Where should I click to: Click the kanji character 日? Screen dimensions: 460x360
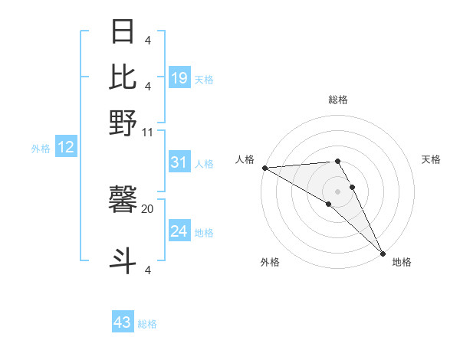pyautogui.click(x=123, y=33)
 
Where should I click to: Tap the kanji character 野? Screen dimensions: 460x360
pyautogui.click(x=123, y=121)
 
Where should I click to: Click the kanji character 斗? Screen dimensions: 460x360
pyautogui.click(x=123, y=260)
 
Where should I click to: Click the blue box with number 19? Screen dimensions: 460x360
pyautogui.click(x=179, y=77)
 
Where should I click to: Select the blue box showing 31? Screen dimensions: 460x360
pyautogui.click(x=179, y=162)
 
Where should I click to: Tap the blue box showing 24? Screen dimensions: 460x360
pyautogui.click(x=179, y=231)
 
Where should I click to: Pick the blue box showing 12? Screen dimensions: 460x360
pyautogui.click(x=65, y=147)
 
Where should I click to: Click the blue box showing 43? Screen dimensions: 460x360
pyautogui.click(x=123, y=322)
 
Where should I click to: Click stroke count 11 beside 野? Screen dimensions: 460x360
pyautogui.click(x=148, y=132)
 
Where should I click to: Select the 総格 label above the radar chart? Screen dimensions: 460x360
pyautogui.click(x=338, y=100)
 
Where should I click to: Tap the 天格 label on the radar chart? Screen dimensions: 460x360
pyautogui.click(x=431, y=159)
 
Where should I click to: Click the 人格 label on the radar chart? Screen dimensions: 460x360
pyautogui.click(x=245, y=159)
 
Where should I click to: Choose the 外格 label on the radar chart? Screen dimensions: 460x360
pyautogui.click(x=270, y=262)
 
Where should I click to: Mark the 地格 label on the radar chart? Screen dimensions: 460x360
pyautogui.click(x=402, y=262)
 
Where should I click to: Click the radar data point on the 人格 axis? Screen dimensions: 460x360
pyautogui.click(x=264, y=167)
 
